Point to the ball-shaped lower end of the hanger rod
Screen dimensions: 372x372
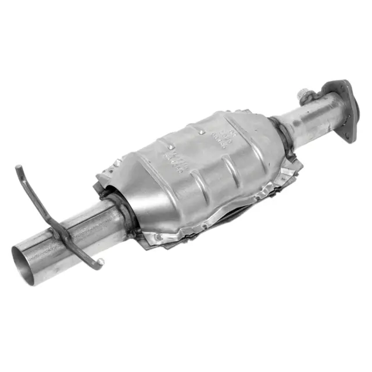(101, 262)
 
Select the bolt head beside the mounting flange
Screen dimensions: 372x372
(303, 94)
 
